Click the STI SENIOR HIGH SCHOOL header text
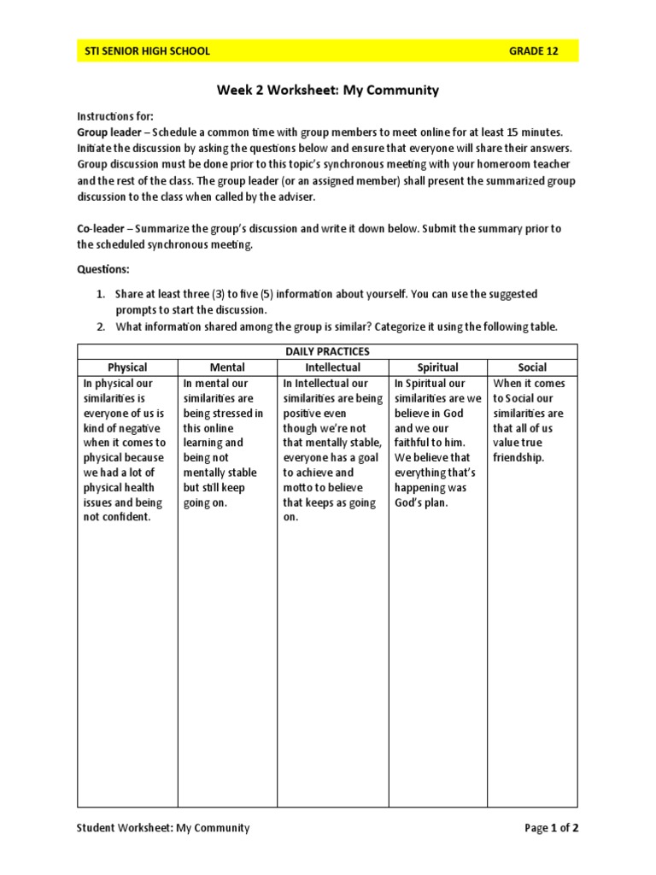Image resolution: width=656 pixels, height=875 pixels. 147,51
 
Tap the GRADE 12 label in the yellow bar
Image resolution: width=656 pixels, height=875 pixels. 534,51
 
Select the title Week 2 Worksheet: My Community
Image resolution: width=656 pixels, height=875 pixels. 327,90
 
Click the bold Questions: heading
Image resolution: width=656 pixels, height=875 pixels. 104,269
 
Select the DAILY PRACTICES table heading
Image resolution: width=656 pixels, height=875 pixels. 327,351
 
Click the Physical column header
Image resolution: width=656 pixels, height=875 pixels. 126,367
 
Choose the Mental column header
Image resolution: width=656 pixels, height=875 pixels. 227,367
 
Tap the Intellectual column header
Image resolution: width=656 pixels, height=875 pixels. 333,367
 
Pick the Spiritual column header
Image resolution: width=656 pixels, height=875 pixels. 437,367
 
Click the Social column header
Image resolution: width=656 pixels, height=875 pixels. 532,367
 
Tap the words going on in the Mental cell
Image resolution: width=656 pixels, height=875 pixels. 206,502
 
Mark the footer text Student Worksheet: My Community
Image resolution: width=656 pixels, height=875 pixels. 163,827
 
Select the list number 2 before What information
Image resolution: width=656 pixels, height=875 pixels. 100,326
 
